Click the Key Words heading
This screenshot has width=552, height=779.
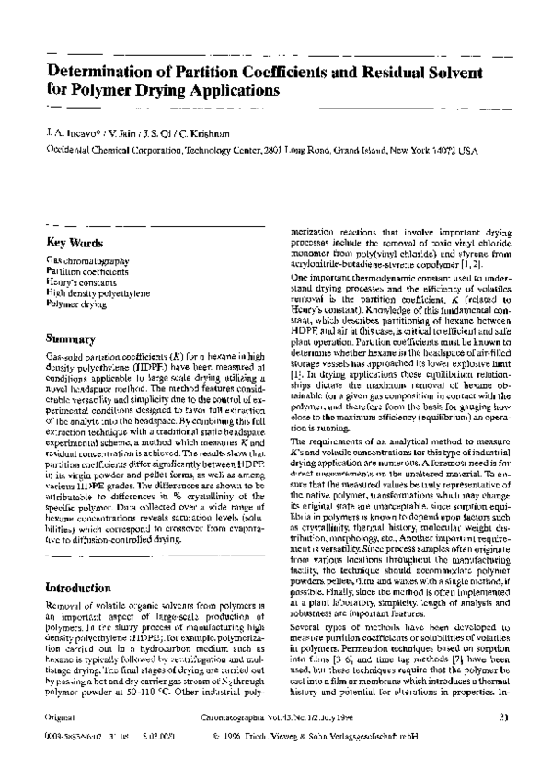point(75,244)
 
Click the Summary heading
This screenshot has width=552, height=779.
point(71,338)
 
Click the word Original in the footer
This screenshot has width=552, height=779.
point(60,739)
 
